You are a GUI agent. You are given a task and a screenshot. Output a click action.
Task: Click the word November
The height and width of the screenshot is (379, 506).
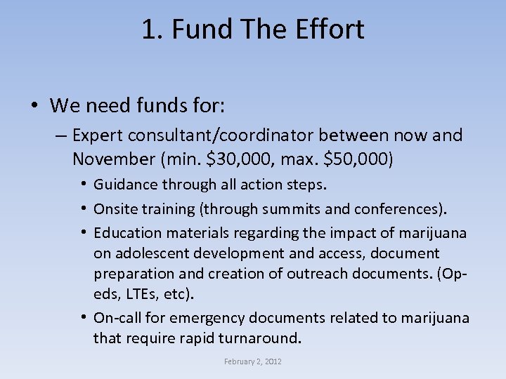click(106, 159)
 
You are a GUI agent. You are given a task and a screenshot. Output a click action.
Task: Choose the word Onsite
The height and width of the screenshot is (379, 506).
click(114, 208)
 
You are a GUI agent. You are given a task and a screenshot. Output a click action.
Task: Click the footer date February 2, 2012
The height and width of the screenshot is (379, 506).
click(252, 361)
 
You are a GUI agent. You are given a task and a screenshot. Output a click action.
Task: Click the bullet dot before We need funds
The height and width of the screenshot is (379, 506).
click(34, 107)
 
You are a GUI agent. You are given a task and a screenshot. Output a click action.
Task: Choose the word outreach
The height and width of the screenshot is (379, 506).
click(330, 273)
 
